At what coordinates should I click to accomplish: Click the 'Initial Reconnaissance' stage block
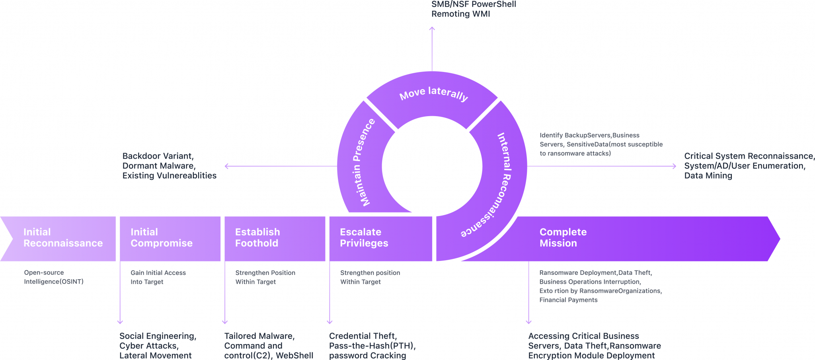coord(60,238)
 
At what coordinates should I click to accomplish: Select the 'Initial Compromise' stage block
coord(170,238)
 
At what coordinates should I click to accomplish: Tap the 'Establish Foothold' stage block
coord(275,238)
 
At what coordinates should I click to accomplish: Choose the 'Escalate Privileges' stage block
coord(380,238)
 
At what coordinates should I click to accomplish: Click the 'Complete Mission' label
coord(563,237)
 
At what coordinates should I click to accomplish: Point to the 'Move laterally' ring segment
coord(433,94)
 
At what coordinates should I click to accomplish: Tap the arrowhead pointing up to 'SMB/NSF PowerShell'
coord(432,28)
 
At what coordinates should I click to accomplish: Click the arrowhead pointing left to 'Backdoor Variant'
coord(226,166)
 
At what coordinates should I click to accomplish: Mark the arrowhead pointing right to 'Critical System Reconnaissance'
coord(675,166)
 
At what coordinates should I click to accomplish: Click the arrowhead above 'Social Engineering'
coord(120,322)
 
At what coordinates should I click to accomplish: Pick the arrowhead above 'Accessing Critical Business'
coord(528,322)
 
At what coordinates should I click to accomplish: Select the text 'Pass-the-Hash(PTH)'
coord(372,346)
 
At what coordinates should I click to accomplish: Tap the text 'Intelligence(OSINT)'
coord(54,282)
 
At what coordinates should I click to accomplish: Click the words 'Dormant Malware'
coord(158,166)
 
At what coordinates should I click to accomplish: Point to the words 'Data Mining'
coord(708,175)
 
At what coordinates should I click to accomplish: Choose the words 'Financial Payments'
coord(568,300)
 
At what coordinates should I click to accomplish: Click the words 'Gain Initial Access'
coord(158,273)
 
